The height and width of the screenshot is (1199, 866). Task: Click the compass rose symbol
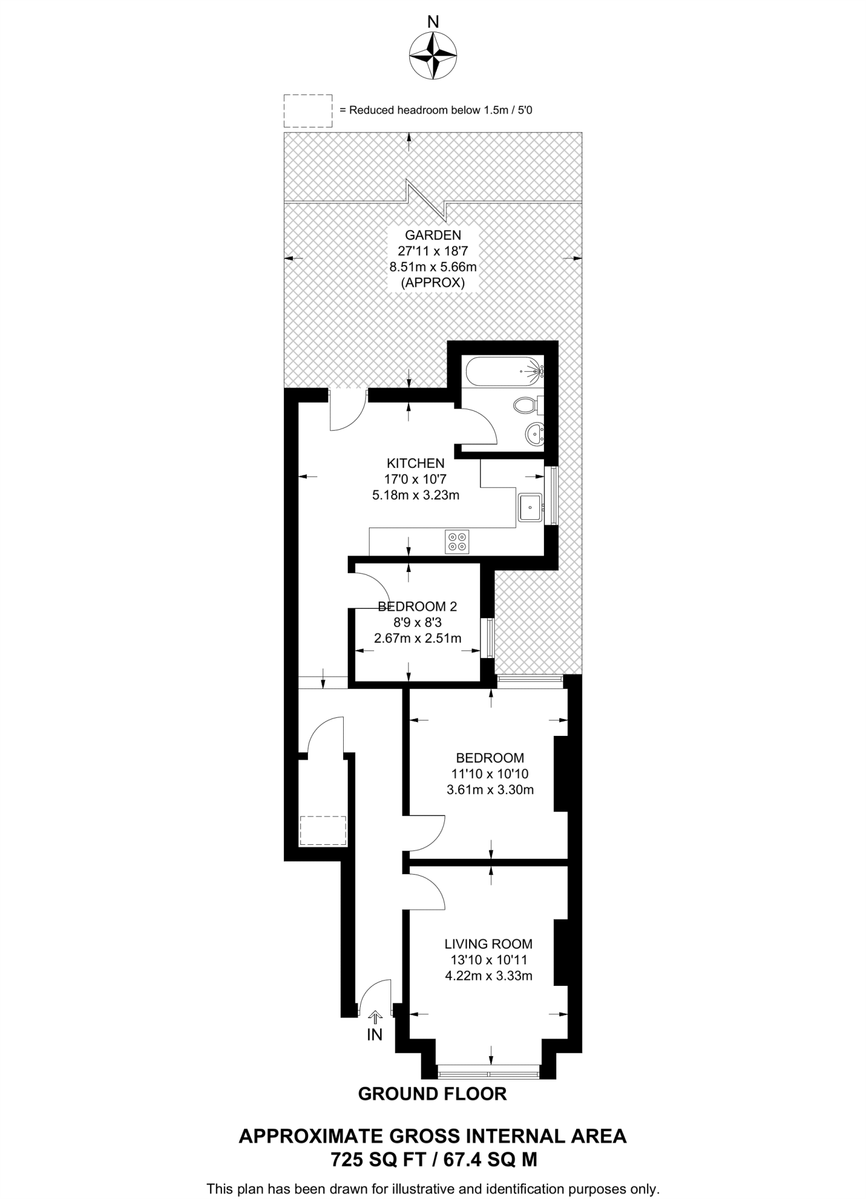coord(433,55)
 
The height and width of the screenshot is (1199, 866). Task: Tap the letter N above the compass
coord(433,22)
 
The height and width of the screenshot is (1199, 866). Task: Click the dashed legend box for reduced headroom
coord(308,111)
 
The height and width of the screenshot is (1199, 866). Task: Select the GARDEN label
coord(433,235)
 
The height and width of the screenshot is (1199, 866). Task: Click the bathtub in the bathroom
coord(503,371)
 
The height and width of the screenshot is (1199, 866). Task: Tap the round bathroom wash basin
coord(535,434)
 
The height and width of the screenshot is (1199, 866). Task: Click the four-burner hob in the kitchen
coord(457,542)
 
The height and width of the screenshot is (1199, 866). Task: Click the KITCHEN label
coord(416,464)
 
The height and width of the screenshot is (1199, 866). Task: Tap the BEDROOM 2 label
coord(417,607)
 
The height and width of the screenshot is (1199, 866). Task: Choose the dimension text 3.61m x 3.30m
coord(490,790)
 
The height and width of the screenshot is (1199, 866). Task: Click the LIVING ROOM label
coord(488,944)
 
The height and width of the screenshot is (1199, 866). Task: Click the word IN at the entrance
coord(375,1034)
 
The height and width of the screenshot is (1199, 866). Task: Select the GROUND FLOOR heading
coord(432,1094)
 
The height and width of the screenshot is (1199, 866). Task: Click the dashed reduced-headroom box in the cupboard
coord(323,831)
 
